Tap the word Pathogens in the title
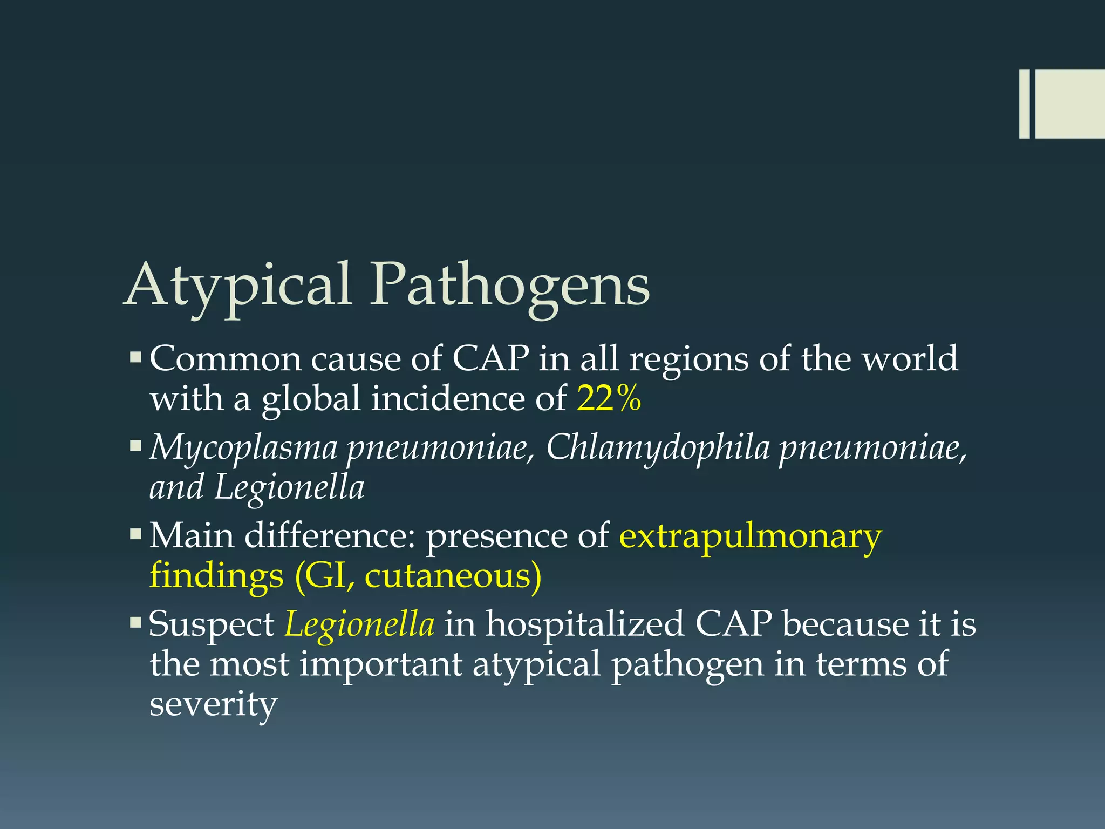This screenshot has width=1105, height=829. [x=510, y=286]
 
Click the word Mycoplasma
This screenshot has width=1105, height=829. [x=243, y=448]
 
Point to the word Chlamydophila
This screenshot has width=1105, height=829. [x=658, y=448]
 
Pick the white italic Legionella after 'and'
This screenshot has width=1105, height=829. [x=289, y=487]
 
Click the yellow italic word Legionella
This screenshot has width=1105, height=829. [x=359, y=624]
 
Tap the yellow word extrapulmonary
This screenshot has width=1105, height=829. [x=750, y=536]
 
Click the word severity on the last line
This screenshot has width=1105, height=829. [x=213, y=704]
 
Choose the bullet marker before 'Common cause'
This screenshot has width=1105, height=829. [x=135, y=357]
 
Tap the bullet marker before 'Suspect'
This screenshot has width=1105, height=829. [x=135, y=623]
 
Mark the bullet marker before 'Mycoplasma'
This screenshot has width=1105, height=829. [x=135, y=446]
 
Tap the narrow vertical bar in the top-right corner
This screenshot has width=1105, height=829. [x=1024, y=104]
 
